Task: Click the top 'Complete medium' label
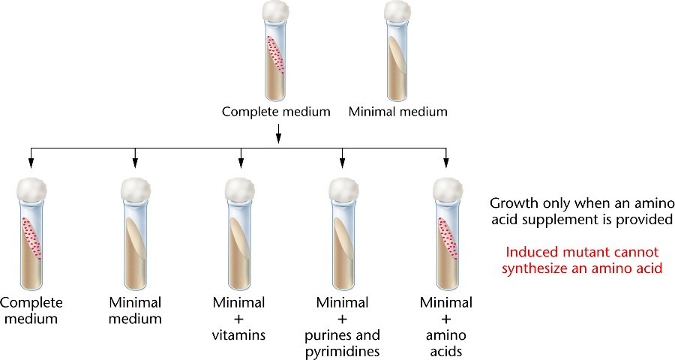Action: point(275,112)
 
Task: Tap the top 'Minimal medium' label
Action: point(397,112)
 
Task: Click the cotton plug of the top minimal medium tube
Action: point(397,13)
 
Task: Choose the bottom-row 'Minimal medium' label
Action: point(136,310)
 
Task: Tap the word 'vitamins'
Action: point(240,334)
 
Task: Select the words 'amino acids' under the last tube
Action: point(446,343)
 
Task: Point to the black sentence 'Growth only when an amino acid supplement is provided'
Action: point(583,211)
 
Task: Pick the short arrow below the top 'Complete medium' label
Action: point(278,132)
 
